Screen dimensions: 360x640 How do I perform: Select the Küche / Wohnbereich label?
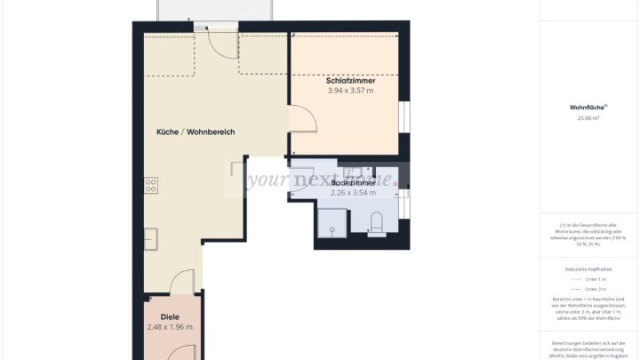click(x=196, y=132)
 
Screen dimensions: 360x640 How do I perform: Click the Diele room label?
click(x=170, y=316)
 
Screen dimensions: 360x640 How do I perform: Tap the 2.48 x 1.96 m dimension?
click(x=170, y=327)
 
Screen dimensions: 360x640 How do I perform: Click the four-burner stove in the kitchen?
click(x=151, y=185)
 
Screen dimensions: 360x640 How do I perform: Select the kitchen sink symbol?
click(x=151, y=238)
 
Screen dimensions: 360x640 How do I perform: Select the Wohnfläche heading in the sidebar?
click(x=588, y=108)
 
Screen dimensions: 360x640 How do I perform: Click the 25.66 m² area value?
click(x=588, y=117)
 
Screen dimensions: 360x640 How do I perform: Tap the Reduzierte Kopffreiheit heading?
click(x=588, y=268)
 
